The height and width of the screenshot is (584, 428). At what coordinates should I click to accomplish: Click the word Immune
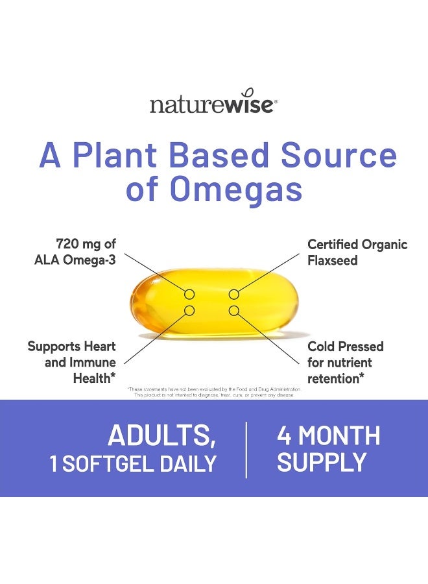tap(93, 362)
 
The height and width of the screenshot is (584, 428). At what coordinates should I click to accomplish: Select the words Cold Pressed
tap(346, 347)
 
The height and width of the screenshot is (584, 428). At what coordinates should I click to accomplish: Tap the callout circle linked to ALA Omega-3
tap(189, 295)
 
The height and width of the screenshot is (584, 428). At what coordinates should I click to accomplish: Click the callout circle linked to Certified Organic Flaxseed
tap(233, 295)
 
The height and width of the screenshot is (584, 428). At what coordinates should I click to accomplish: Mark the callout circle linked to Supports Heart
tap(189, 311)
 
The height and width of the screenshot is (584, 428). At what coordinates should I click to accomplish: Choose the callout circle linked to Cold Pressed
tap(233, 311)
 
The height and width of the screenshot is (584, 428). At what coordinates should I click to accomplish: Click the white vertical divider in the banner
tap(246, 450)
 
